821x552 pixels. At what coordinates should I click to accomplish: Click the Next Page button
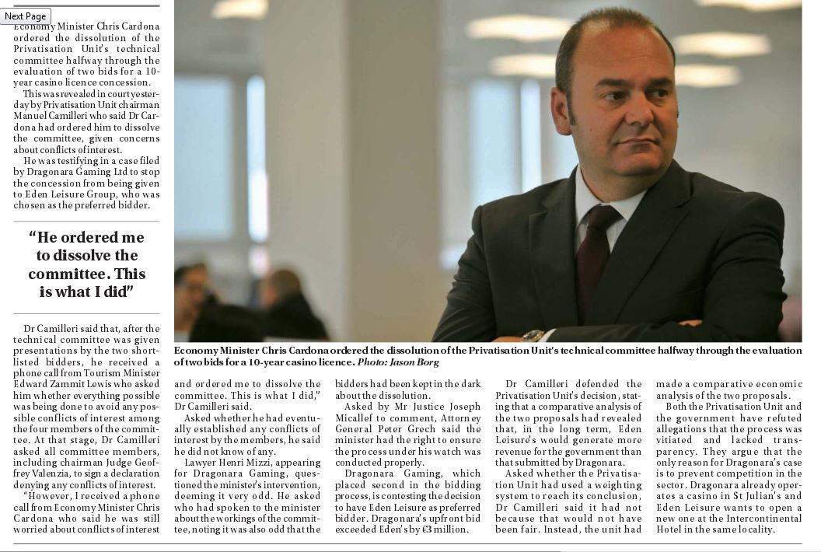coord(25,16)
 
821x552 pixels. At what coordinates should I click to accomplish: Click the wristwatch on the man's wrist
coord(533,336)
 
